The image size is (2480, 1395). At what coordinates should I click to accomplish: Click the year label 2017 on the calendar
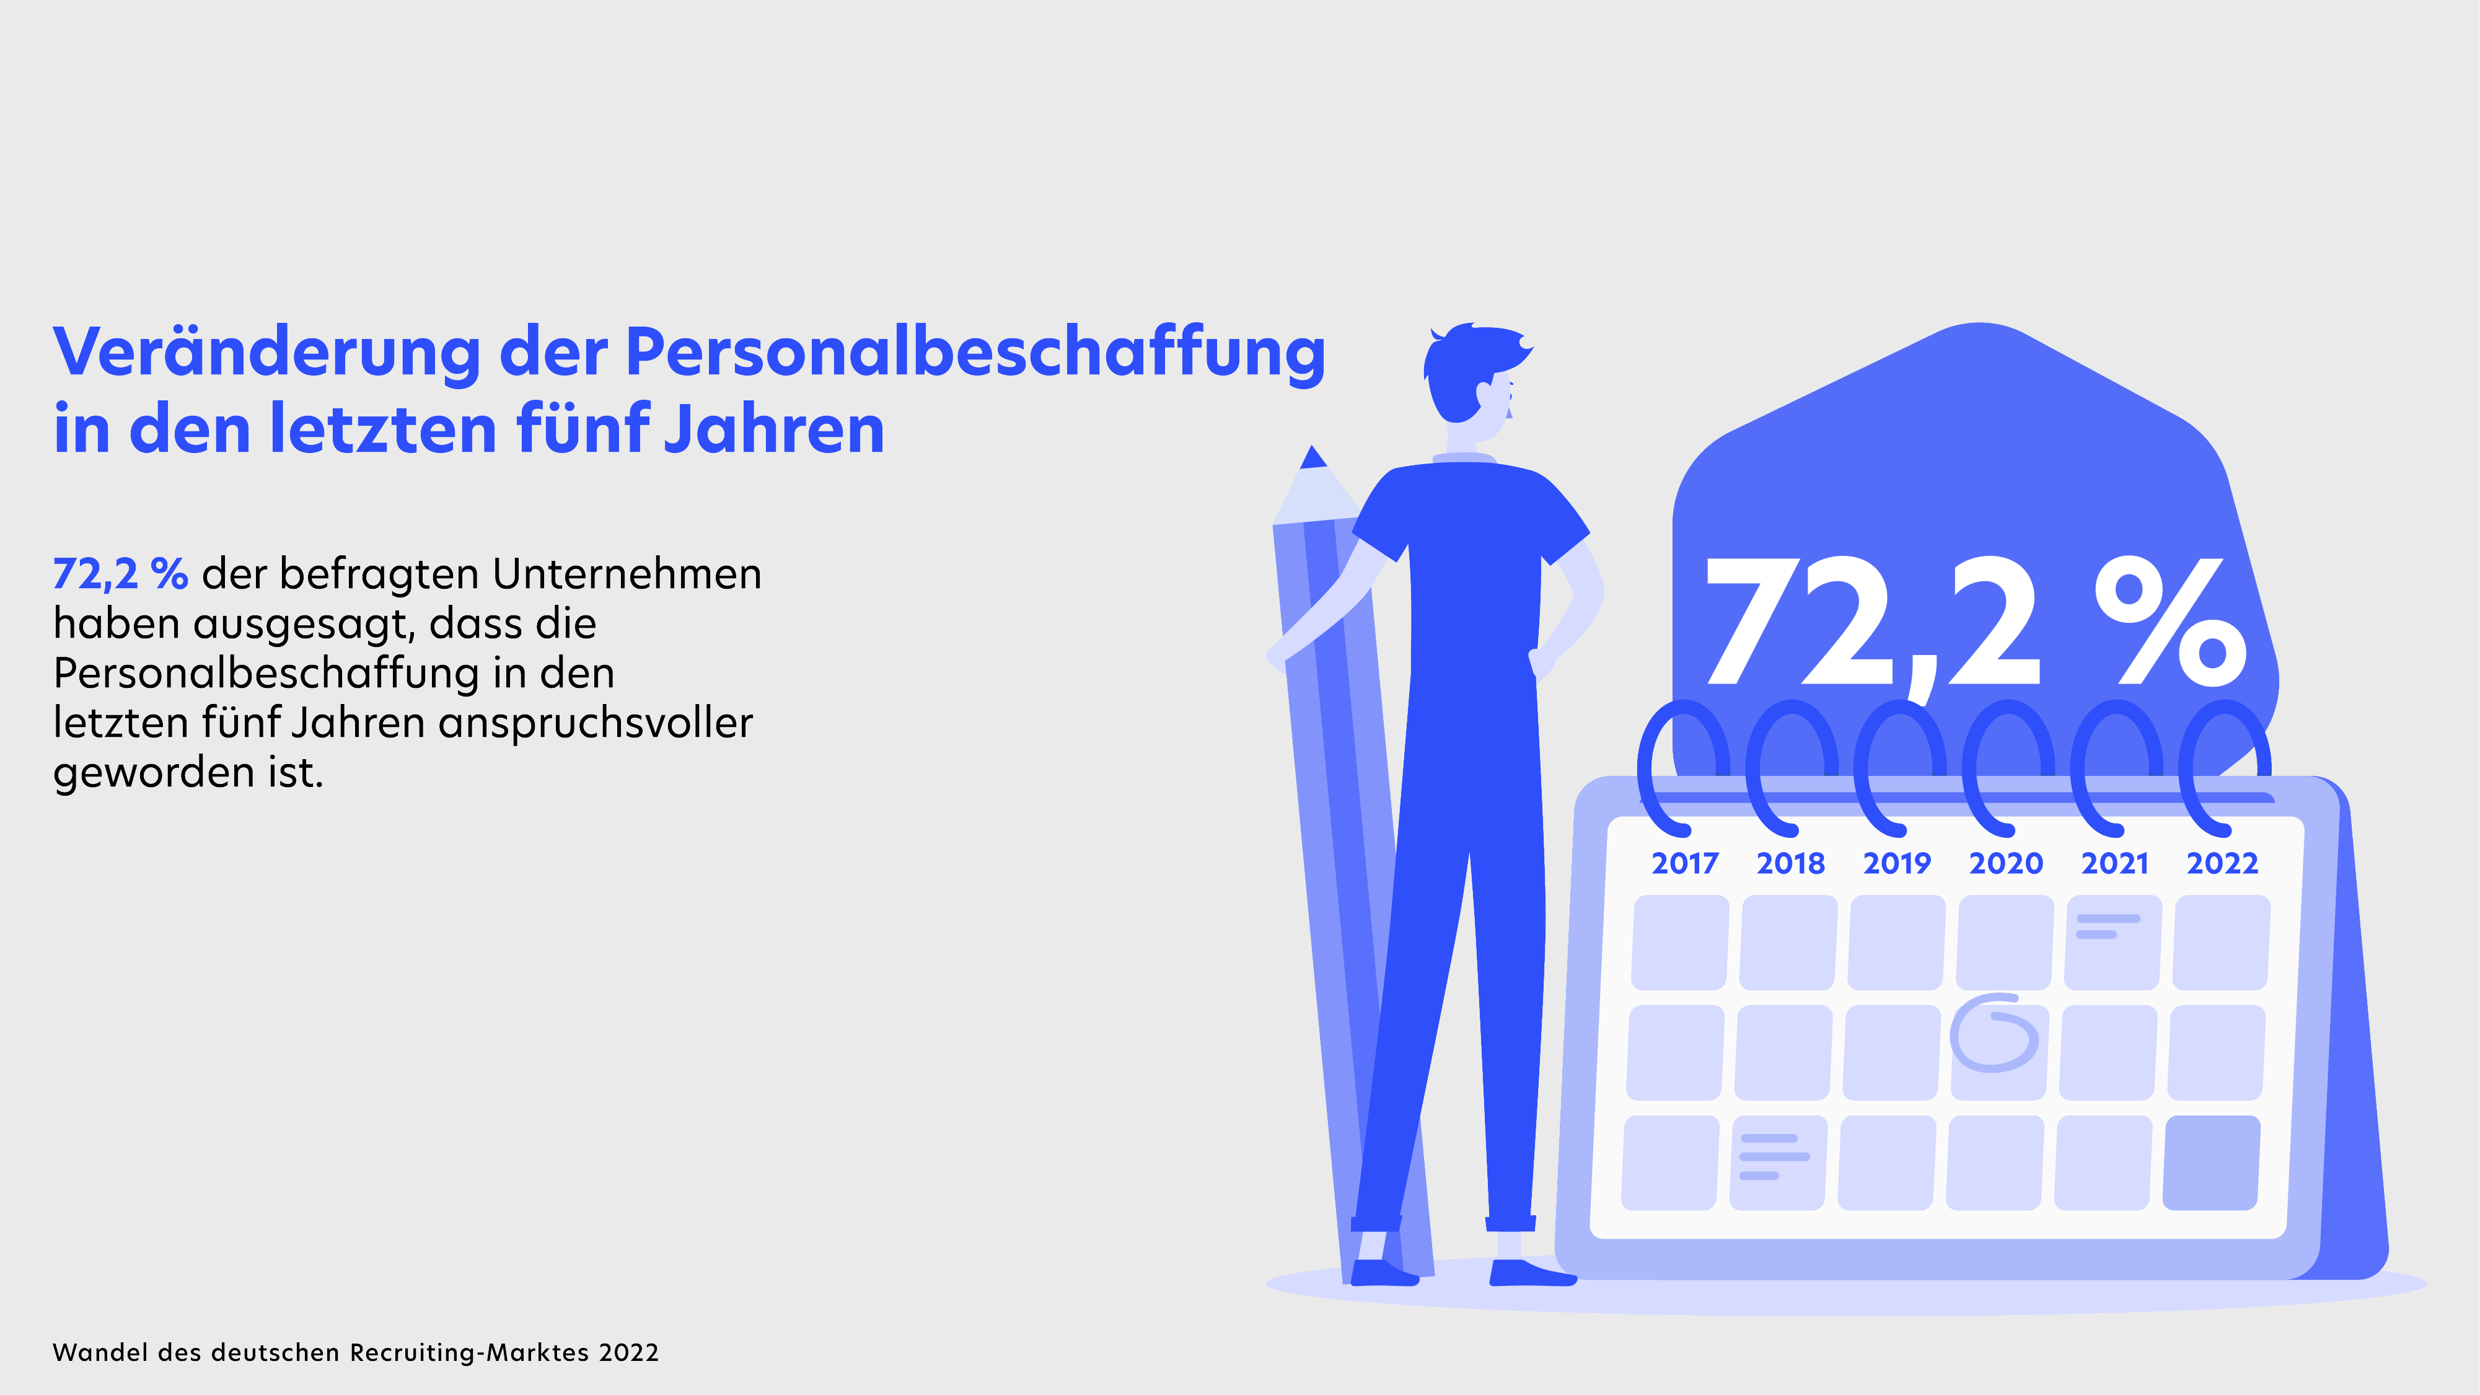[x=1685, y=863]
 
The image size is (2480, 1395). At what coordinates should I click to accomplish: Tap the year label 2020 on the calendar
[x=2005, y=863]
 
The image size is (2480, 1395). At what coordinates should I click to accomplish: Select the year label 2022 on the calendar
[x=2222, y=863]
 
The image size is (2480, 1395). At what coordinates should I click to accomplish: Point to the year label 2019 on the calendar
[x=1897, y=863]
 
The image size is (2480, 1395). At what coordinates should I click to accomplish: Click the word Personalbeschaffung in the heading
[x=975, y=353]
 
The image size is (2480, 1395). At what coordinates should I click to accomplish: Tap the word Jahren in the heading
[x=774, y=429]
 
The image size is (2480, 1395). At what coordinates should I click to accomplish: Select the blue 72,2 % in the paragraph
[x=120, y=574]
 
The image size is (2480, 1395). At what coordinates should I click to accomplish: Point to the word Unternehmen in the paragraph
[x=627, y=574]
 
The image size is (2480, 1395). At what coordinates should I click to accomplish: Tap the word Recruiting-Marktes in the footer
[x=469, y=1353]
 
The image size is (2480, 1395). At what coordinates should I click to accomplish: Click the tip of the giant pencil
[x=1313, y=456]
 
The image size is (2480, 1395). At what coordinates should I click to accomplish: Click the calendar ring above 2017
[x=1680, y=765]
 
